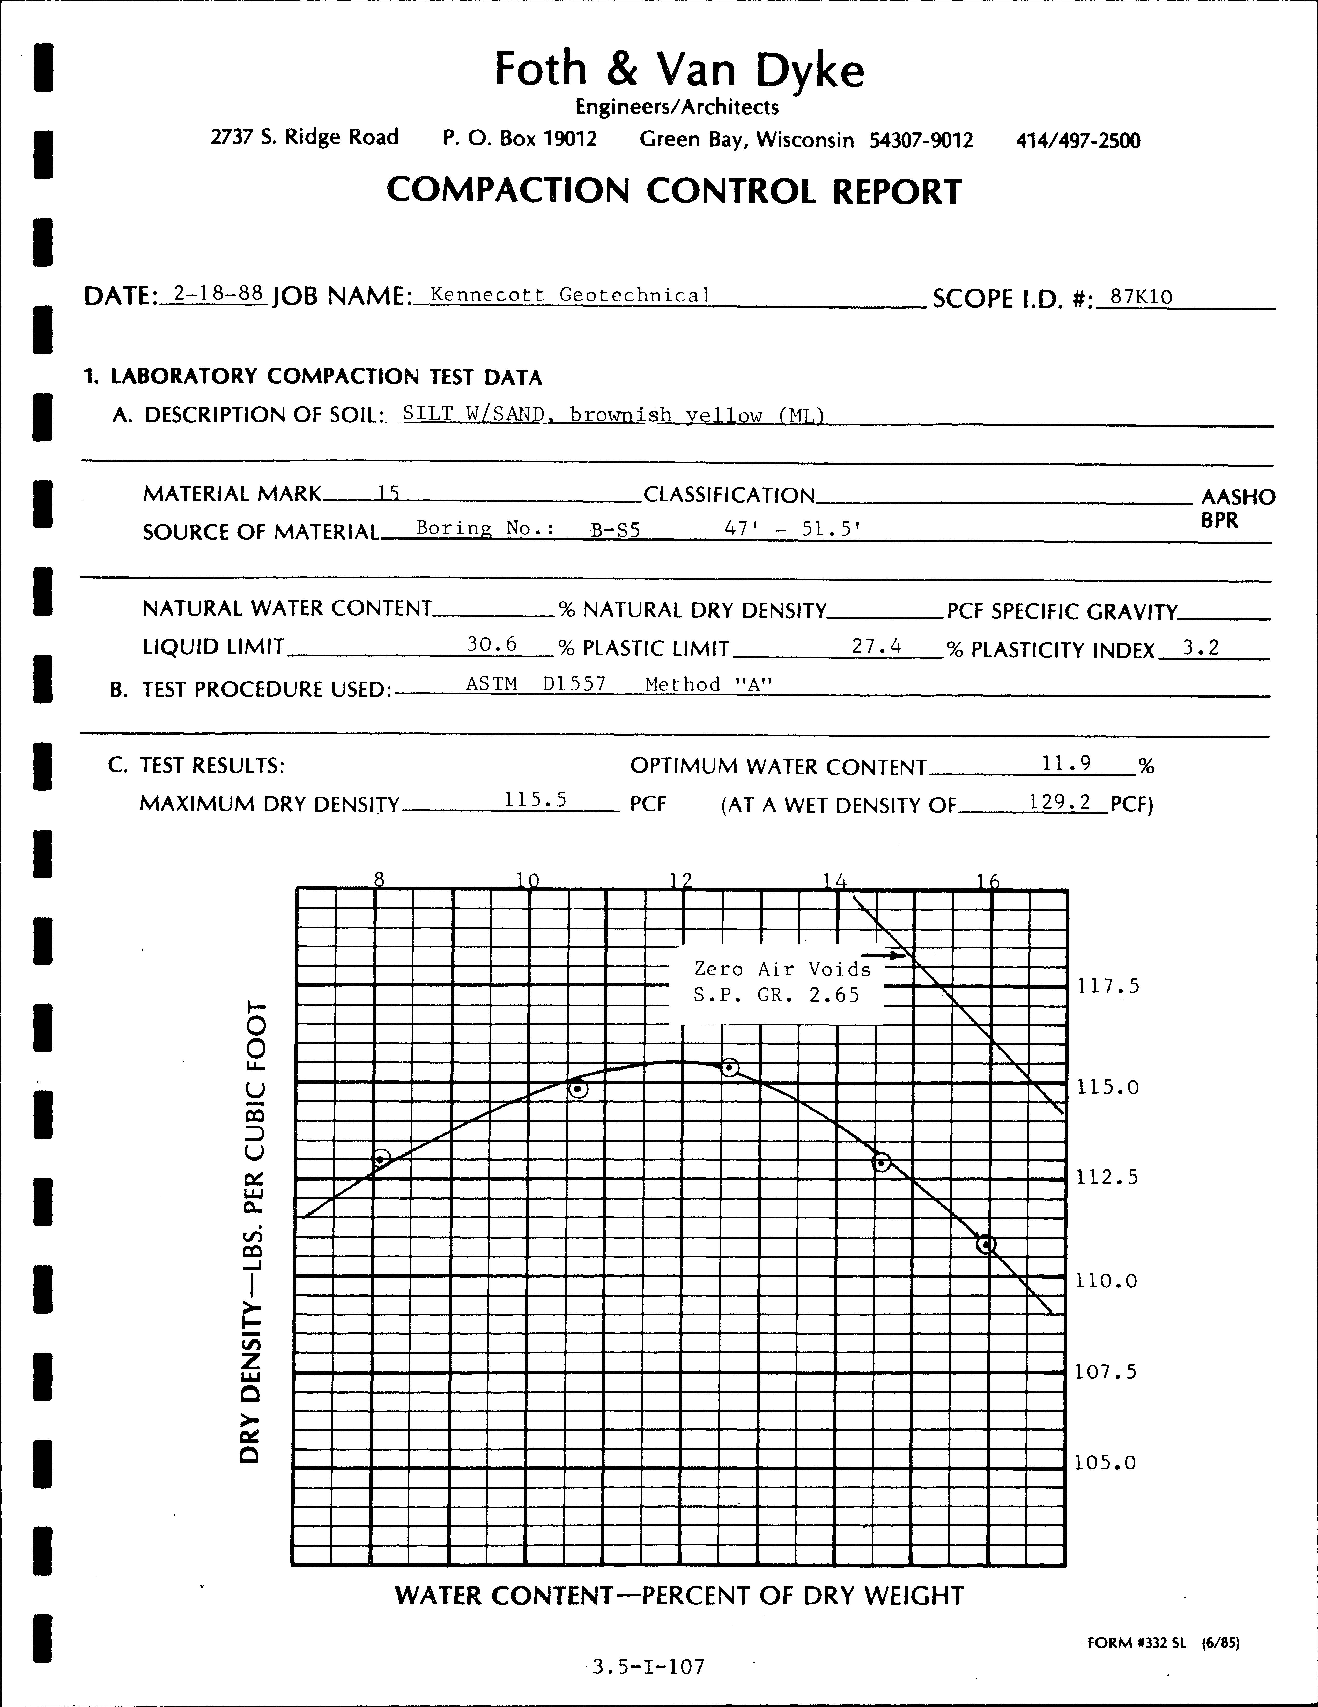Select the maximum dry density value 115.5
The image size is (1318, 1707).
tap(536, 799)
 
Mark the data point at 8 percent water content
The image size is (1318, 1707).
tap(381, 1158)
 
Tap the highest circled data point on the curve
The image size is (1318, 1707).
tap(729, 1067)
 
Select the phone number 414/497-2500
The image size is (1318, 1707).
tap(1078, 141)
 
